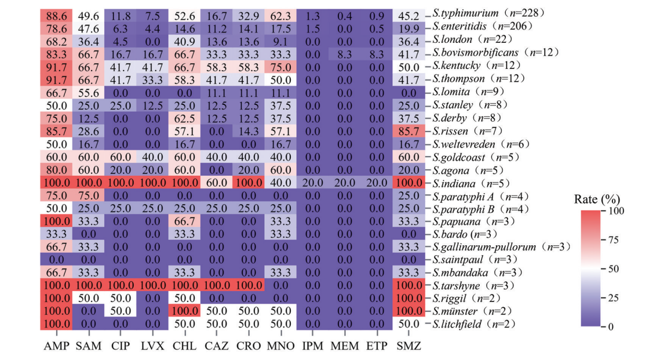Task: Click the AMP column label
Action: pos(56,346)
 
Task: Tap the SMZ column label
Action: pos(408,346)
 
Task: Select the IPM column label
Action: pos(313,346)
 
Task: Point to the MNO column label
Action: pos(281,346)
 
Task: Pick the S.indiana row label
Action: pos(463,183)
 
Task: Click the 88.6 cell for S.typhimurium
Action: pos(57,13)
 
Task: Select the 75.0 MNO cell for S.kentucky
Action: pos(281,66)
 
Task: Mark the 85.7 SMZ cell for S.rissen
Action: pos(408,130)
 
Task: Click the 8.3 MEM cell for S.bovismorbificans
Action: pos(345,53)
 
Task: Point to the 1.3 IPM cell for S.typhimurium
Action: pos(313,13)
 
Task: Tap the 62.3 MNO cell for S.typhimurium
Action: pos(281,13)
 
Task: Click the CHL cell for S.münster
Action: pos(184,311)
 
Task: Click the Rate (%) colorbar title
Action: pos(596,199)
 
